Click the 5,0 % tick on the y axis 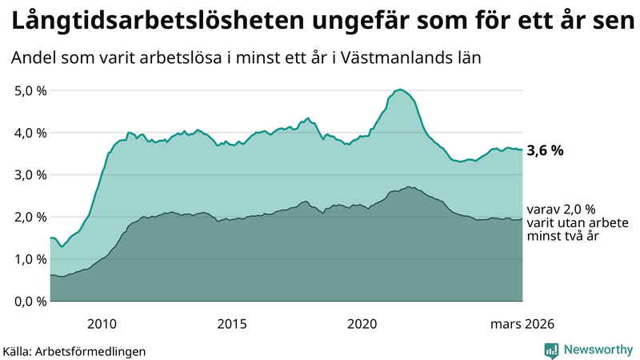[x=31, y=90]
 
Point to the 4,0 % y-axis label [x=31, y=133]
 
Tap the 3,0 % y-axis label [x=31, y=174]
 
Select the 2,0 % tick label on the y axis [x=31, y=217]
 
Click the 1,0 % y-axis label [x=31, y=259]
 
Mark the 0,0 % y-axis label [x=31, y=301]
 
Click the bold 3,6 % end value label [x=546, y=150]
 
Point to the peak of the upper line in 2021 [x=400, y=90]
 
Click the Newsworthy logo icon [x=551, y=350]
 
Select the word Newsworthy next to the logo [x=597, y=350]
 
